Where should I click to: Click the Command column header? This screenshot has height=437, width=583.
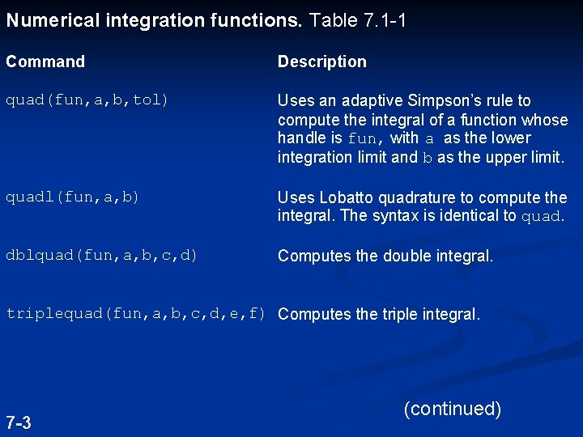(45, 62)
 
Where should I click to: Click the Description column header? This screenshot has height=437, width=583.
(321, 62)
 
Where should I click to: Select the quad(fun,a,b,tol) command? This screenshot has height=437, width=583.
(87, 101)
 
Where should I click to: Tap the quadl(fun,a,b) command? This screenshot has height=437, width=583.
(73, 197)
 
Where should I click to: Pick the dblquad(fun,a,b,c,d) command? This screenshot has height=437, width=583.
(101, 256)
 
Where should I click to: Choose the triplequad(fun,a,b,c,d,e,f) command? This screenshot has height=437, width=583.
(136, 314)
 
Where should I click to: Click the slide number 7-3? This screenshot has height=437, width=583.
(19, 422)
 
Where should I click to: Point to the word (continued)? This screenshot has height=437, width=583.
(452, 409)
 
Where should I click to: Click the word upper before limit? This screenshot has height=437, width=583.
(510, 158)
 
